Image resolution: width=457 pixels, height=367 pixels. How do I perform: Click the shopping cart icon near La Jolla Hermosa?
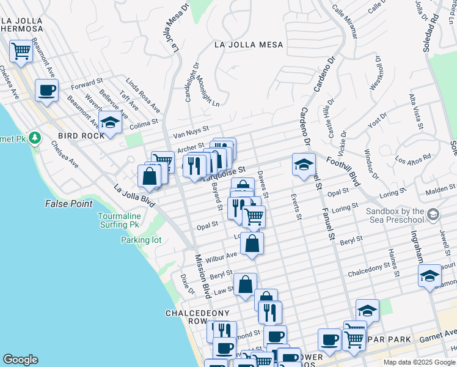coord(21,51)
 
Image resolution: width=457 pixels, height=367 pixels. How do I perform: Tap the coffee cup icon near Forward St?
coord(46,91)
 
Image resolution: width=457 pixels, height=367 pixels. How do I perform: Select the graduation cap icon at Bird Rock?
coord(110,122)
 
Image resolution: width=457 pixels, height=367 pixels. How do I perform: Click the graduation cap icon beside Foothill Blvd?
coord(304,165)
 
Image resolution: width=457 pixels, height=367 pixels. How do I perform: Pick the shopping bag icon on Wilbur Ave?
coord(252,243)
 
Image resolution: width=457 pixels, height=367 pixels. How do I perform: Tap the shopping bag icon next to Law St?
coord(245,284)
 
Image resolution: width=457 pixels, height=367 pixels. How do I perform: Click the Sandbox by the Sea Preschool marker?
coord(433,215)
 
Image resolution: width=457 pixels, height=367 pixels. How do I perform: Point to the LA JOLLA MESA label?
coord(249,45)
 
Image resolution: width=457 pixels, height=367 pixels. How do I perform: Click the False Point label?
coord(68,204)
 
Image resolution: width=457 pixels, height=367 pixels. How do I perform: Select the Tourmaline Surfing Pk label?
coord(120,220)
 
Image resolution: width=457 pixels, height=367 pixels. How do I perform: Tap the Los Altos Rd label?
coord(412,158)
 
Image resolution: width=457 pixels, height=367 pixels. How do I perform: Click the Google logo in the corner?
coord(20,360)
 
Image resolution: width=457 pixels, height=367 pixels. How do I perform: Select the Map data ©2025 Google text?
coord(418,362)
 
